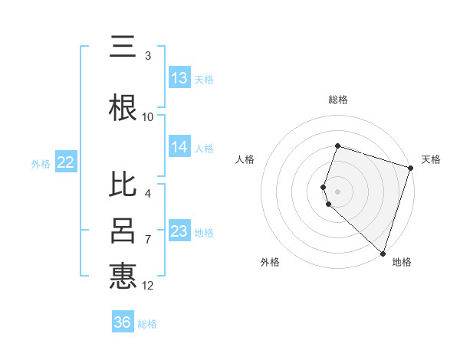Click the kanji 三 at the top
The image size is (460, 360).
[x=123, y=47]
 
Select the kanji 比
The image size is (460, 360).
[x=123, y=186]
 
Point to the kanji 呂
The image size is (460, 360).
[x=123, y=231]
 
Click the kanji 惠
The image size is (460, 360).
[x=123, y=276]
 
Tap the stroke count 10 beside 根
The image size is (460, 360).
[x=148, y=117]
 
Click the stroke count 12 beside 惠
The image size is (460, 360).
[x=148, y=286]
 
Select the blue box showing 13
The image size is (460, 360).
[x=179, y=77]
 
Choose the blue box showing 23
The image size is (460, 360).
[x=179, y=231]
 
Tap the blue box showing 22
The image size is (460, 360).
[x=65, y=162]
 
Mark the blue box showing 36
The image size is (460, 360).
[x=123, y=322]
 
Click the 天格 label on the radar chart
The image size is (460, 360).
[x=432, y=159]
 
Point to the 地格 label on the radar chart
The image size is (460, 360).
[x=402, y=262]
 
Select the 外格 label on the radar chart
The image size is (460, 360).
[x=270, y=262]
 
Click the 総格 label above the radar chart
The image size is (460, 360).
[x=338, y=100]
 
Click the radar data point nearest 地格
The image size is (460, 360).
[x=383, y=253]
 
